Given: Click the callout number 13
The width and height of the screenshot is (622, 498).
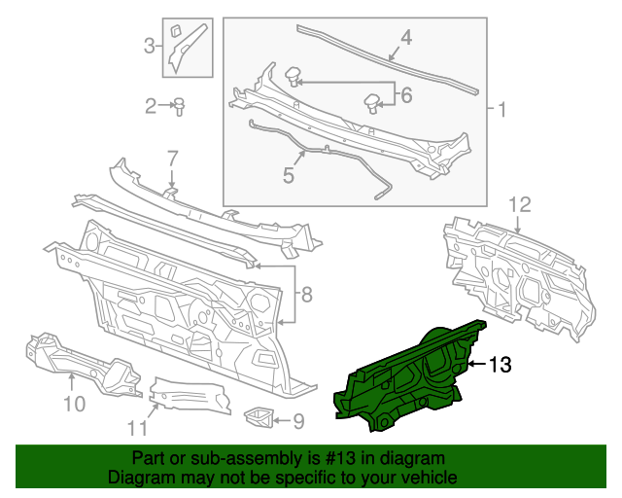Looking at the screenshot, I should pos(499,365).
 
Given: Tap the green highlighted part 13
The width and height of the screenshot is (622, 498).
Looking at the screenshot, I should pos(408,379).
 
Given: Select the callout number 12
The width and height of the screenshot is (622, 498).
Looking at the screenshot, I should pos(520,205).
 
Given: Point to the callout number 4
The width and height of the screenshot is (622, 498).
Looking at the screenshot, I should pos(405,39).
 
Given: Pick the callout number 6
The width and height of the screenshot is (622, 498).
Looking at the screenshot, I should pos(405,94).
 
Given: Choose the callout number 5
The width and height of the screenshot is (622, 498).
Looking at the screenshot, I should pos(288,175).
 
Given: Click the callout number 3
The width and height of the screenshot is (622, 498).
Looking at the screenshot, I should pos(150,45).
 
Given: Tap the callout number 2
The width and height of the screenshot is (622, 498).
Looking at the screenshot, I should pos(151,106).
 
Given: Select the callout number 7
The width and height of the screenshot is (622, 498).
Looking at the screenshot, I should pos(172,158).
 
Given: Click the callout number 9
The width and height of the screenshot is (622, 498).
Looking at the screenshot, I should pos(298,420).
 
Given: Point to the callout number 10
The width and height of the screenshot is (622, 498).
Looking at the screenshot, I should pos(74,402).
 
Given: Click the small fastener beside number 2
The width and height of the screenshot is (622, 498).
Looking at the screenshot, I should pos(180,106).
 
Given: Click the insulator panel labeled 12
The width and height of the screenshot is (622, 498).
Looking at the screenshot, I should pos(515,272).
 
